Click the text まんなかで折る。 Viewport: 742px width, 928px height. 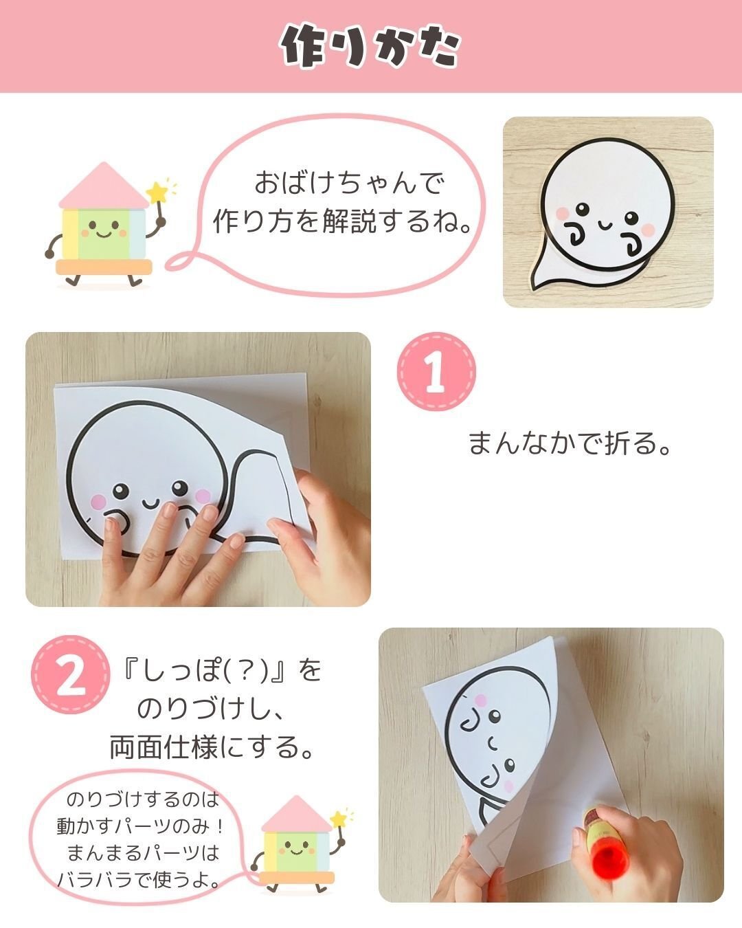click(x=569, y=443)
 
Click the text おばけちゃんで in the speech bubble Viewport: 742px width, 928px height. click(x=349, y=184)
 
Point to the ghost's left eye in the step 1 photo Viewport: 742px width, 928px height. click(x=121, y=490)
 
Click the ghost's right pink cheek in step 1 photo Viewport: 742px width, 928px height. click(x=203, y=495)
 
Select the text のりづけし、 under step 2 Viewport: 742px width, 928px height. click(x=211, y=709)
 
